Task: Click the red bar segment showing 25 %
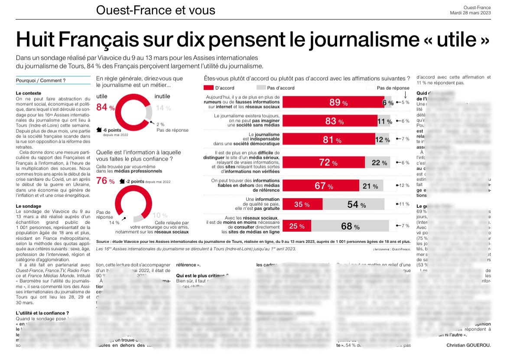(296, 226)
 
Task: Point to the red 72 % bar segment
(324, 163)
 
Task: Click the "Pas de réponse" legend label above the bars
(393, 88)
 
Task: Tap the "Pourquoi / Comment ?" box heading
(41, 80)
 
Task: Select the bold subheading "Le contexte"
(29, 93)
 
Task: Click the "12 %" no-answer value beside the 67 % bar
(404, 186)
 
